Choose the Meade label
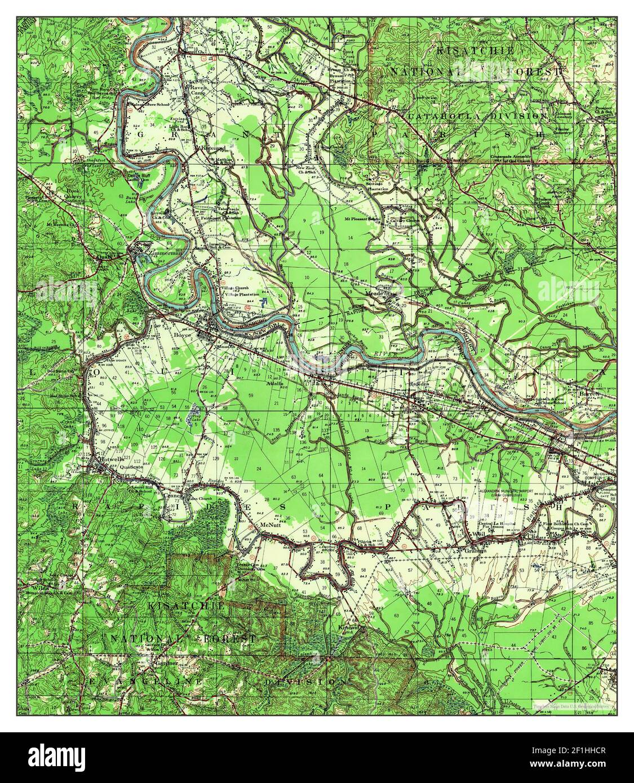(x=375, y=293)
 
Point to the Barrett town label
(x=589, y=393)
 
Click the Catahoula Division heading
(x=478, y=115)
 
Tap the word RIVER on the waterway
(x=383, y=352)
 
